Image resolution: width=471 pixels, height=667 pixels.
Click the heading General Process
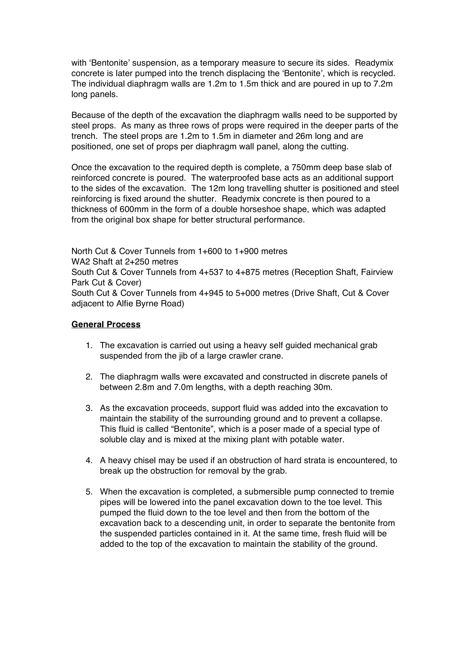click(x=106, y=325)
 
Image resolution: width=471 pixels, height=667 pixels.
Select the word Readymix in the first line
click(x=374, y=63)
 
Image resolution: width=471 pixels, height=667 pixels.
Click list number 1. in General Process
click(x=89, y=345)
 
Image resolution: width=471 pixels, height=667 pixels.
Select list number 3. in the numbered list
click(x=89, y=408)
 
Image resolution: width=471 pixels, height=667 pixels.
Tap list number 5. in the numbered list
click(x=89, y=492)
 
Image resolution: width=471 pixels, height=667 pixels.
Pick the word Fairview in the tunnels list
click(x=377, y=272)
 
